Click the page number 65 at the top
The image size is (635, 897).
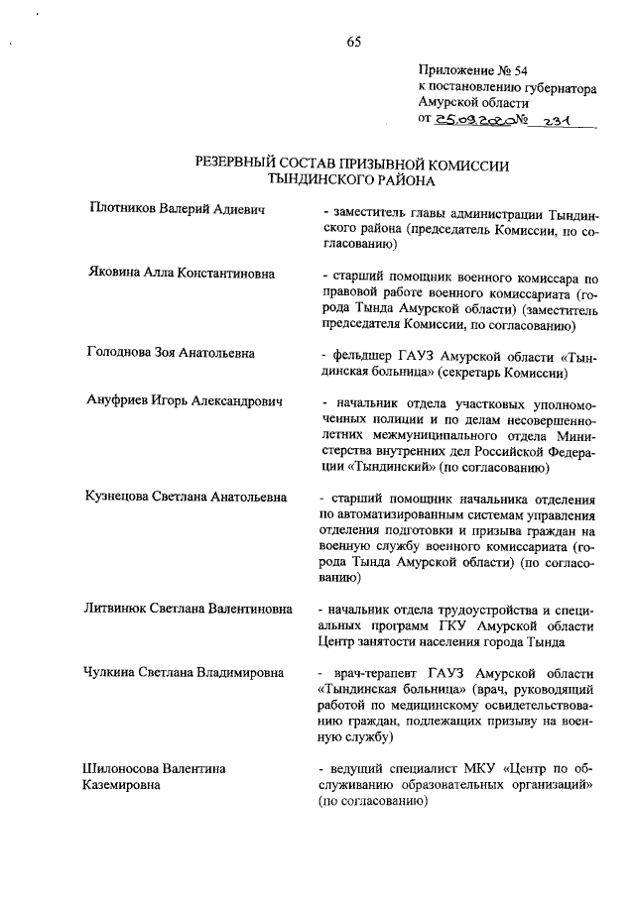pos(354,41)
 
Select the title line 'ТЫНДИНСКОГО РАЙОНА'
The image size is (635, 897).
pos(353,180)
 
